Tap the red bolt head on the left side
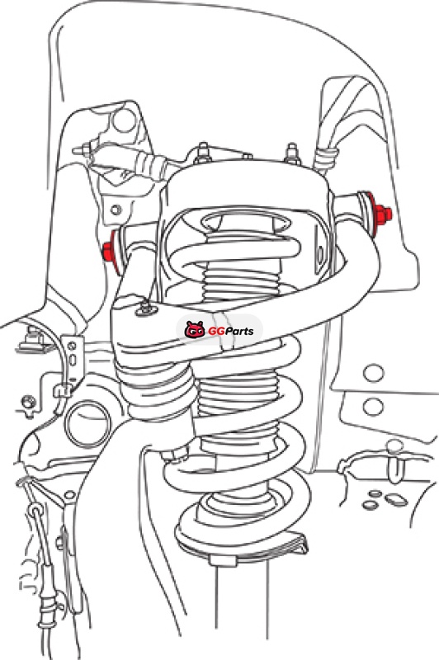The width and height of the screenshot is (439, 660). click(x=111, y=252)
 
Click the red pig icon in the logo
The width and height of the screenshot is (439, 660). click(x=195, y=329)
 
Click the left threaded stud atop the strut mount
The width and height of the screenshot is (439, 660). click(x=203, y=153)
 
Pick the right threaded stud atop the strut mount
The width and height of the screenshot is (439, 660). click(x=292, y=153)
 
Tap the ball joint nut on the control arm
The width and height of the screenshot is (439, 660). click(x=145, y=308)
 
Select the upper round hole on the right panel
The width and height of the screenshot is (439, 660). click(x=373, y=373)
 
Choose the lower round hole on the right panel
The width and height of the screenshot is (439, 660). click(x=373, y=407)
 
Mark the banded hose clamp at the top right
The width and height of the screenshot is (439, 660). click(x=327, y=158)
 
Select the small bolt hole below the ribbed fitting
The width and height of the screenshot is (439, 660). click(x=116, y=209)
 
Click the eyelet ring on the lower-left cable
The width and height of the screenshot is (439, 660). click(x=36, y=511)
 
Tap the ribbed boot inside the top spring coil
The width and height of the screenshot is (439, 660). click(x=241, y=281)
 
